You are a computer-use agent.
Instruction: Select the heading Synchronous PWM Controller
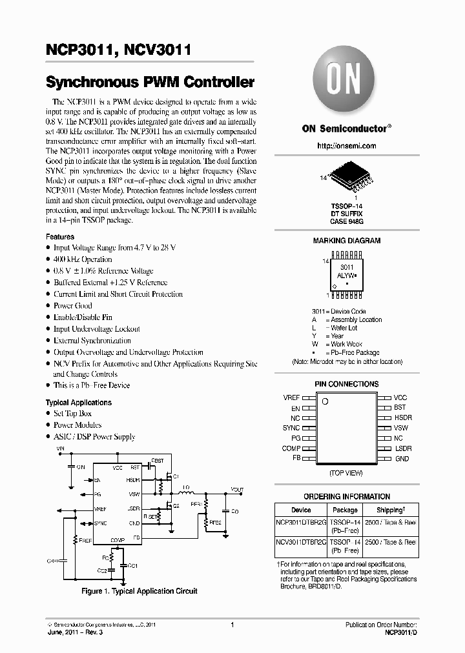pos(150,83)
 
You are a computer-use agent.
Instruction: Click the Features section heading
pos(59,237)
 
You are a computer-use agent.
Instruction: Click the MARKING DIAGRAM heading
pos(346,241)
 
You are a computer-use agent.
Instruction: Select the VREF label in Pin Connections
pos(291,398)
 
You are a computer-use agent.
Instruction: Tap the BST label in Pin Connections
pos(400,408)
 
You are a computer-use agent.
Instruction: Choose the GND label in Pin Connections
pos(402,459)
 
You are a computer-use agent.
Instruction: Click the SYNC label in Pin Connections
pos(291,428)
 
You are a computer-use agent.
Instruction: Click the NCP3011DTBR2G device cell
pos(301,524)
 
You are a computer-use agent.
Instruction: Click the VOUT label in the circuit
pos(237,489)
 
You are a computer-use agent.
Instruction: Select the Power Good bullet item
pos(72,306)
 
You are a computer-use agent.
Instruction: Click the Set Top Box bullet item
pos(72,414)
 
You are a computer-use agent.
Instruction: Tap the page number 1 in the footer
pos(232,625)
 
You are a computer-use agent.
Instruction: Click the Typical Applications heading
pos(78,403)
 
